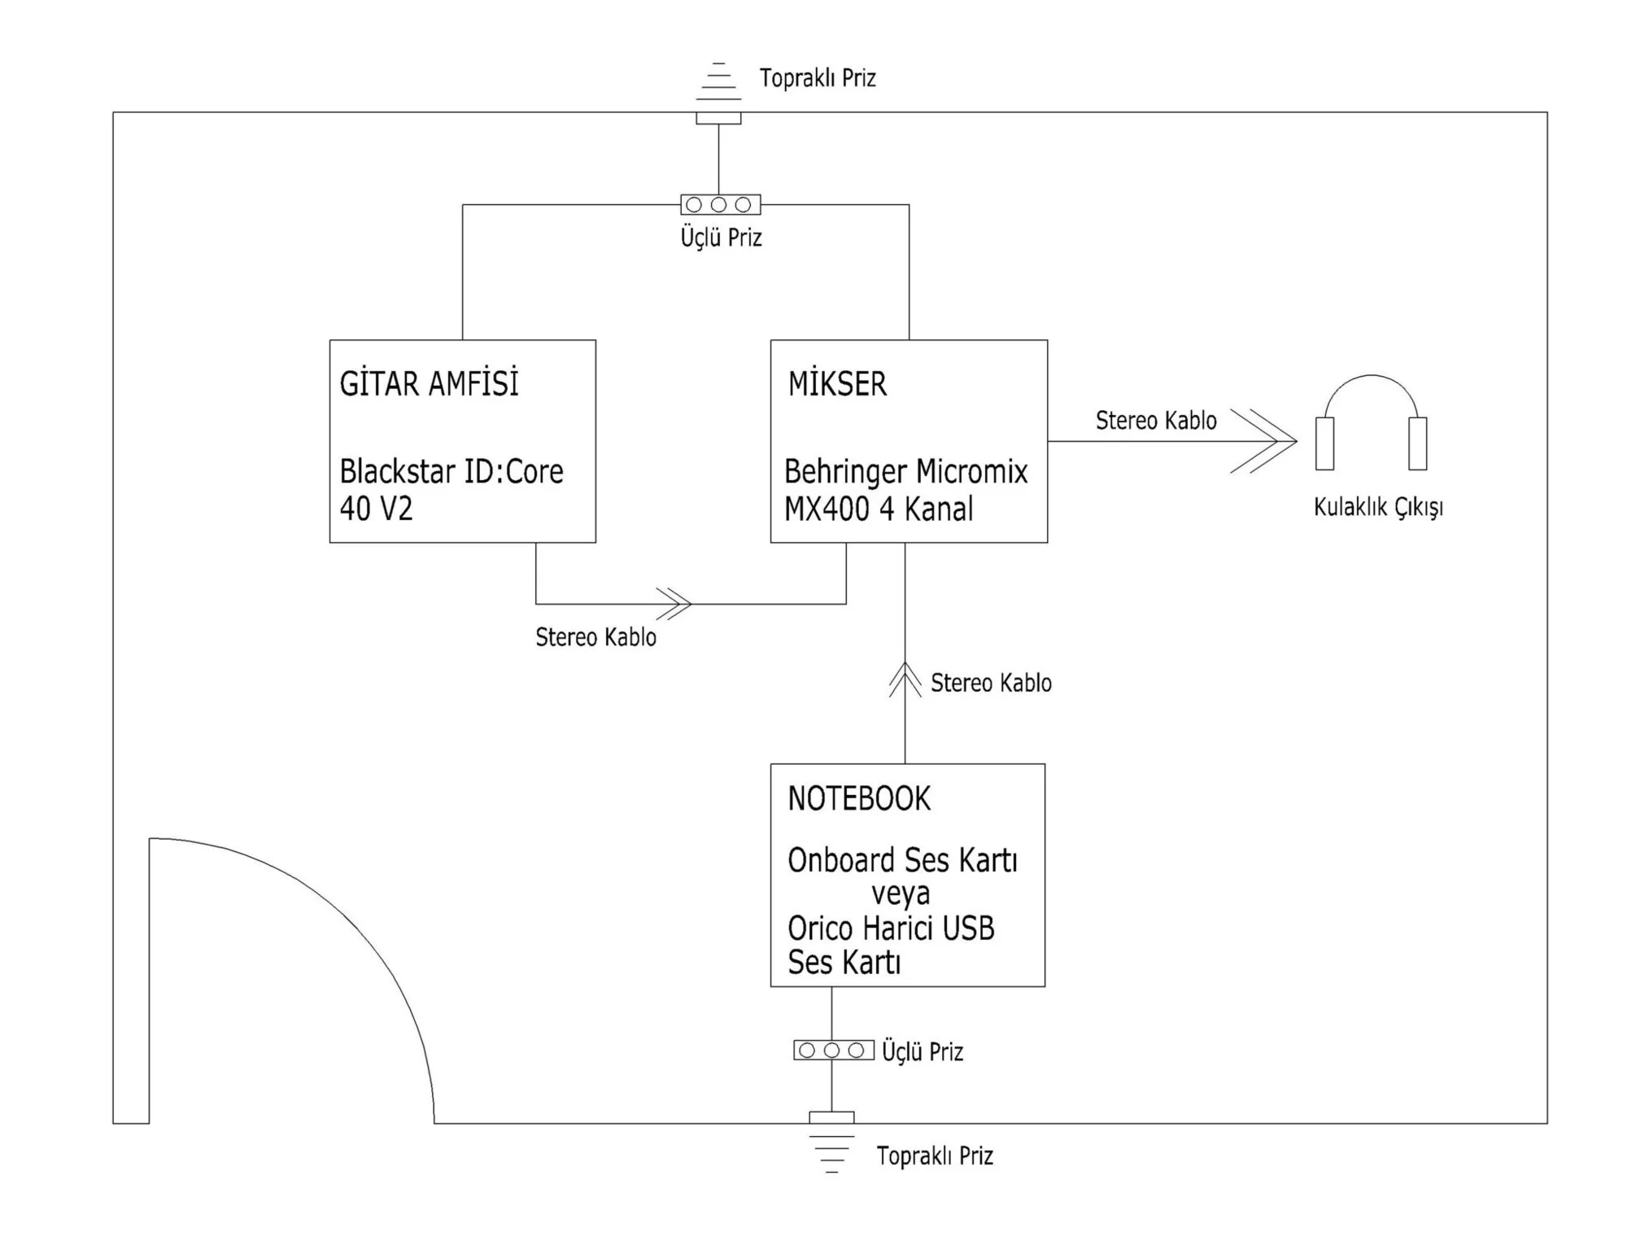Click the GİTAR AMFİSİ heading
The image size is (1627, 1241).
pyautogui.click(x=429, y=384)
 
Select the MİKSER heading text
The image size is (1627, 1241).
pyautogui.click(x=837, y=384)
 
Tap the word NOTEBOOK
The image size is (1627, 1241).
pyautogui.click(x=859, y=799)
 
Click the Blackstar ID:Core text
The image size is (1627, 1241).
pyautogui.click(x=451, y=472)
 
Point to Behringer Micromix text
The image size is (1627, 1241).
pyautogui.click(x=905, y=472)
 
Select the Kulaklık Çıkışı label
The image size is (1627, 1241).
pyautogui.click(x=1378, y=508)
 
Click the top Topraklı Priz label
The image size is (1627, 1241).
pyautogui.click(x=818, y=78)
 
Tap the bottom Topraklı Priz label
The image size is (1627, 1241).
pyautogui.click(x=935, y=1156)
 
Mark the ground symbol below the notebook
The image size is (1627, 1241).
pyautogui.click(x=831, y=1151)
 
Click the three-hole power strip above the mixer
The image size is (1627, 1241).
pyautogui.click(x=720, y=204)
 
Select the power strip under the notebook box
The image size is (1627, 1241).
pyautogui.click(x=833, y=1051)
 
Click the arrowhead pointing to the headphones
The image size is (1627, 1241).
pyautogui.click(x=1269, y=441)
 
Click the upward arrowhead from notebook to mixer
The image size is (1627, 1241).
pyautogui.click(x=905, y=678)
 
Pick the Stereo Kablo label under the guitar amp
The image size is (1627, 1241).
pyautogui.click(x=595, y=637)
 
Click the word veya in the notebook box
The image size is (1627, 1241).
pyautogui.click(x=901, y=894)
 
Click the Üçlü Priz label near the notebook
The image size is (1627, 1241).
pyautogui.click(x=923, y=1052)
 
